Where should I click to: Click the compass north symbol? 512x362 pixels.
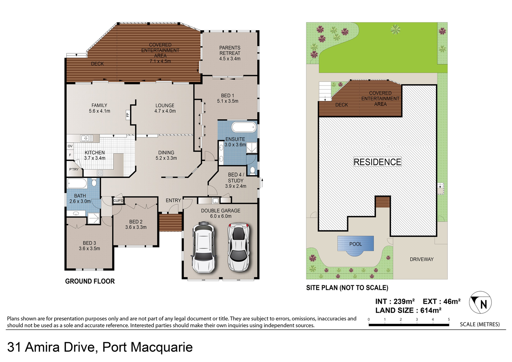point(480,302)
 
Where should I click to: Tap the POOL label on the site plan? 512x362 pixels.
point(356,244)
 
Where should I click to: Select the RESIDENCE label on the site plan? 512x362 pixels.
point(377,162)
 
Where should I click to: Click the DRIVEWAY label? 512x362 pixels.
point(422,259)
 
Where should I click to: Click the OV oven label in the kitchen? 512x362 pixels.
point(70,146)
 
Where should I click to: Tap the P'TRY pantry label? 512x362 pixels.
point(74,169)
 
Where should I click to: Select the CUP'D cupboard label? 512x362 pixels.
point(118,200)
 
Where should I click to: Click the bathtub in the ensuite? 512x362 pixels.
point(244,127)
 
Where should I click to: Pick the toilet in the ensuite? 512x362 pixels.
point(252,171)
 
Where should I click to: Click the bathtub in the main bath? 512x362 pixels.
point(77,184)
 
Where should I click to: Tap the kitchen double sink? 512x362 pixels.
point(87,138)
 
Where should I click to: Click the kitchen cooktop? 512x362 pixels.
point(100,173)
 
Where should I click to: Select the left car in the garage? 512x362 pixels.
point(203,247)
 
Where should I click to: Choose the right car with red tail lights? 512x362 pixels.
point(239,247)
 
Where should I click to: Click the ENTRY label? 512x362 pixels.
point(173,200)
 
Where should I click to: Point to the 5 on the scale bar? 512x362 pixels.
point(449,319)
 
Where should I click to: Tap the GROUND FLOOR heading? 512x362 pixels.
point(90,281)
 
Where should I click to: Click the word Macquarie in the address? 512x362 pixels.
point(162,347)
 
